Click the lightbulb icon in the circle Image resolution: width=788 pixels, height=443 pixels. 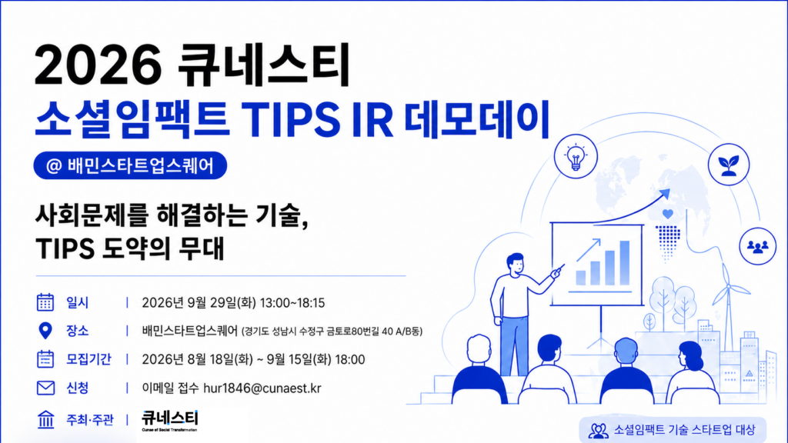point(576,156)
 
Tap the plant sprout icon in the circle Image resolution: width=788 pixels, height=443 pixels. point(729,165)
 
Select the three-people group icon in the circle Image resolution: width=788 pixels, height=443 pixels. point(758,247)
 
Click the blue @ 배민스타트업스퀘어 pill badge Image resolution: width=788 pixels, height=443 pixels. point(130,165)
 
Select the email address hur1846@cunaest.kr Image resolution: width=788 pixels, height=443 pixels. point(262,388)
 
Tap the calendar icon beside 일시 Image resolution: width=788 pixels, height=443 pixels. point(45,302)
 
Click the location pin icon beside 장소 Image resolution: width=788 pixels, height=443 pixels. point(45,331)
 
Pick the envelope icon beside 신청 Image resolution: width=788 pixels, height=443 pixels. point(45,388)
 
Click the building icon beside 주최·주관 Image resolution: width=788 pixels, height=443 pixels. point(45,419)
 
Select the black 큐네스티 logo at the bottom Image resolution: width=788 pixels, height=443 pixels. point(170,420)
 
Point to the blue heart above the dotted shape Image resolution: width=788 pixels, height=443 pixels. point(667,214)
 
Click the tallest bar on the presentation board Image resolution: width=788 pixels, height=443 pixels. point(625,263)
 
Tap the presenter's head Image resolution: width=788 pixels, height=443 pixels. point(515,264)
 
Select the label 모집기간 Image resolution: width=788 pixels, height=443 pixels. point(88,360)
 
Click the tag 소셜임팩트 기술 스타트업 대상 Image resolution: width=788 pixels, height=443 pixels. point(673,430)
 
